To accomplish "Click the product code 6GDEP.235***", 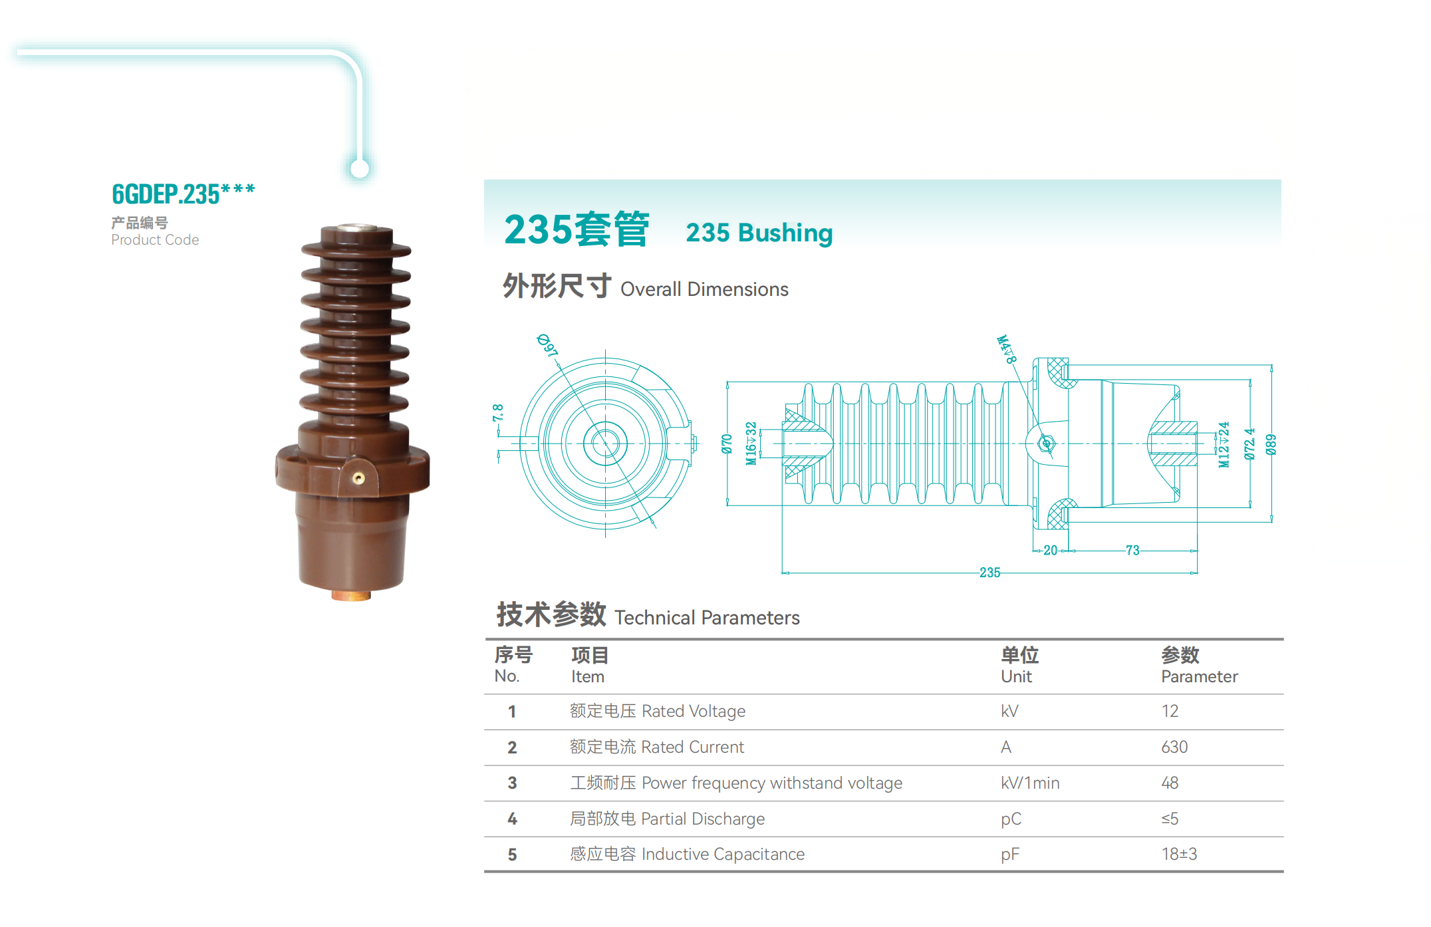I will click(183, 194).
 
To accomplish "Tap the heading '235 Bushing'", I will click(759, 233).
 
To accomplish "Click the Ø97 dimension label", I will click(547, 345).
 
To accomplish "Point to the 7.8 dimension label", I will click(498, 413).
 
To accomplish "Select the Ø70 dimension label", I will click(727, 444).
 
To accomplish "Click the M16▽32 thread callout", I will click(751, 444).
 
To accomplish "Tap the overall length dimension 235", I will click(989, 573).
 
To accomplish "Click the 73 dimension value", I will click(1132, 551).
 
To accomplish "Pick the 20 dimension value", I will click(1050, 551).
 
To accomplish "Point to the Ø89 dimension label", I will click(1271, 444).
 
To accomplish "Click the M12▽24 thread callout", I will click(1224, 444).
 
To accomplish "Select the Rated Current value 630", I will click(1174, 747).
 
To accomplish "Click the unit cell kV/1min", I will click(1030, 783).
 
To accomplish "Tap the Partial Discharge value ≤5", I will click(1170, 819).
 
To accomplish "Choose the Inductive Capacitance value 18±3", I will click(1179, 855).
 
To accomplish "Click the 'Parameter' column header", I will click(1199, 677).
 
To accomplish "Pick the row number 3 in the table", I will click(512, 783).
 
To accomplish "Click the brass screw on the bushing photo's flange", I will click(358, 478).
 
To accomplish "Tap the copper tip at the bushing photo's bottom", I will click(351, 596).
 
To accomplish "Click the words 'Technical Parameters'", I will click(707, 618).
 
